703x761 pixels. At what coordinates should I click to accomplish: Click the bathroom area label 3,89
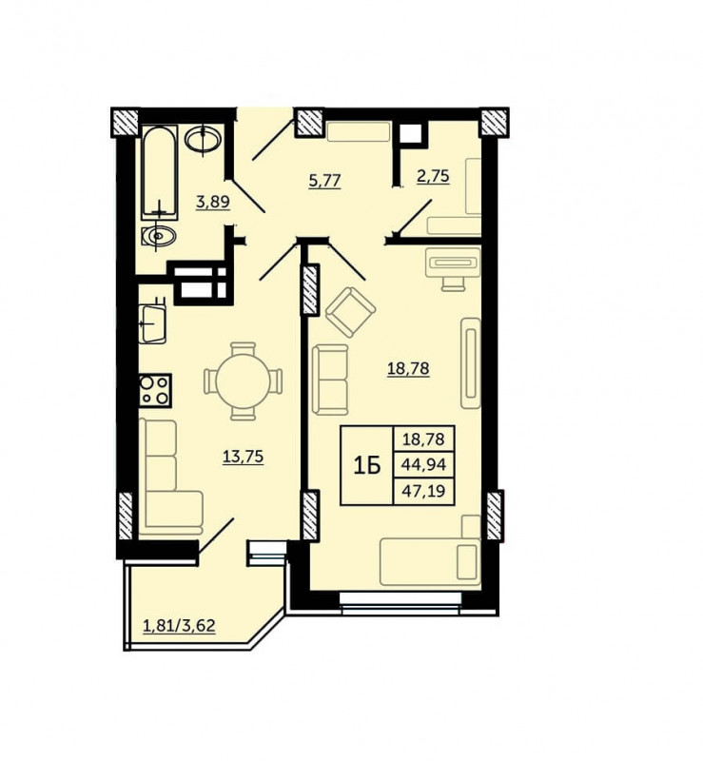tap(213, 202)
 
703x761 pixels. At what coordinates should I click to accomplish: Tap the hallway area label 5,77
tap(324, 181)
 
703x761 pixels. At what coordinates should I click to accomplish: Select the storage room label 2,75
tap(433, 176)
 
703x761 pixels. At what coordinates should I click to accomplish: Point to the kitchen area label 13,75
tap(244, 457)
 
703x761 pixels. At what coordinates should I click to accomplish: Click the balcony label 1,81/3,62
tap(179, 626)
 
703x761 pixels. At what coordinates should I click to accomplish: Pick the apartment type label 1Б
tap(366, 466)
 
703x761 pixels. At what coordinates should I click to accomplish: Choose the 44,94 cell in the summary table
tap(423, 465)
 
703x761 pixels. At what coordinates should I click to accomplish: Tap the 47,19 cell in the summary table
tap(423, 491)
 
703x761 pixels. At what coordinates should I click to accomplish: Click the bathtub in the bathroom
tap(159, 172)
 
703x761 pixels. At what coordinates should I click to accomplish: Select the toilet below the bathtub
tap(159, 236)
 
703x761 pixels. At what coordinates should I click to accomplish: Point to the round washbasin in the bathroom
tap(203, 139)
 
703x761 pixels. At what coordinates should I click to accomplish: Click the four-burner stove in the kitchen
tap(155, 390)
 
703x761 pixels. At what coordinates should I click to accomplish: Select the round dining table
tap(243, 381)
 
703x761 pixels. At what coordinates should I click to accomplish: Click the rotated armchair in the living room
tap(350, 312)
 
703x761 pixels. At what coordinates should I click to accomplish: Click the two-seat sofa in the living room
tap(331, 380)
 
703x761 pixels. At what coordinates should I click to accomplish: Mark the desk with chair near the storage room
tap(453, 269)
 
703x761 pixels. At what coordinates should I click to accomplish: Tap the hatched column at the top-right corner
tap(495, 123)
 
